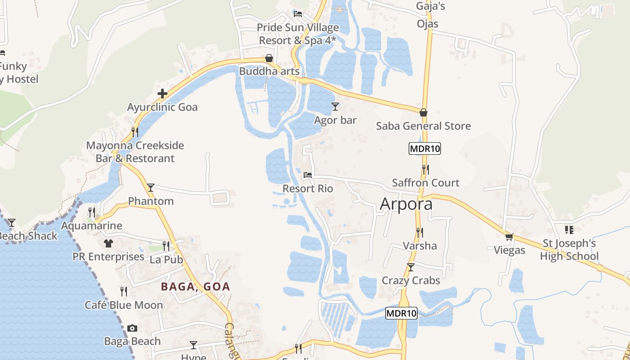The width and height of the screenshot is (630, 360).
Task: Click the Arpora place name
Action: [406, 204]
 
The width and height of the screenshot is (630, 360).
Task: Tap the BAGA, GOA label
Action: [195, 286]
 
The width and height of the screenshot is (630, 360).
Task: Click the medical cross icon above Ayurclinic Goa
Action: [162, 94]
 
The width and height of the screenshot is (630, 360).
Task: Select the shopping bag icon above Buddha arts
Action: [269, 58]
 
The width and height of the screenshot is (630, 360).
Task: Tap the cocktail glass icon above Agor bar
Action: [335, 107]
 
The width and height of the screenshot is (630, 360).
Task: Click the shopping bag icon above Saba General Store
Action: [423, 112]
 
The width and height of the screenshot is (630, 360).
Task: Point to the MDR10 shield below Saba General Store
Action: [424, 148]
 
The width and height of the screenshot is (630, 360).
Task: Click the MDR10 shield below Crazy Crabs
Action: [401, 313]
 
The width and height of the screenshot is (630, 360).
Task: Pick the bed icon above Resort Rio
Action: [308, 175]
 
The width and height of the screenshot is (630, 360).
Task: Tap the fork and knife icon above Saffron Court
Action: [425, 169]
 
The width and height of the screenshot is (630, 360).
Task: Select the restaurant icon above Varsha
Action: [419, 232]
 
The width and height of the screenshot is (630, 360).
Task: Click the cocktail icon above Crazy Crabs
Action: [411, 267]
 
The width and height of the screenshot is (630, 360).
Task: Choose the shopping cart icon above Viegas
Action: [509, 237]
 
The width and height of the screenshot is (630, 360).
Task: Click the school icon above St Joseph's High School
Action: [569, 230]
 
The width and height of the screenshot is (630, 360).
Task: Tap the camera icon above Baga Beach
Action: [132, 328]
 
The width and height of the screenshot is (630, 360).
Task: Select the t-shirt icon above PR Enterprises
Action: [108, 243]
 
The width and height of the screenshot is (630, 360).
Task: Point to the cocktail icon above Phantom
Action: [151, 188]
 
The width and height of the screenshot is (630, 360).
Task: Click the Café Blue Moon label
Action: [124, 305]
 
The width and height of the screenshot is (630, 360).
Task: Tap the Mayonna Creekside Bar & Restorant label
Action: [135, 152]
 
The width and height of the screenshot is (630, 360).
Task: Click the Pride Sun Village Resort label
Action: [297, 34]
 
